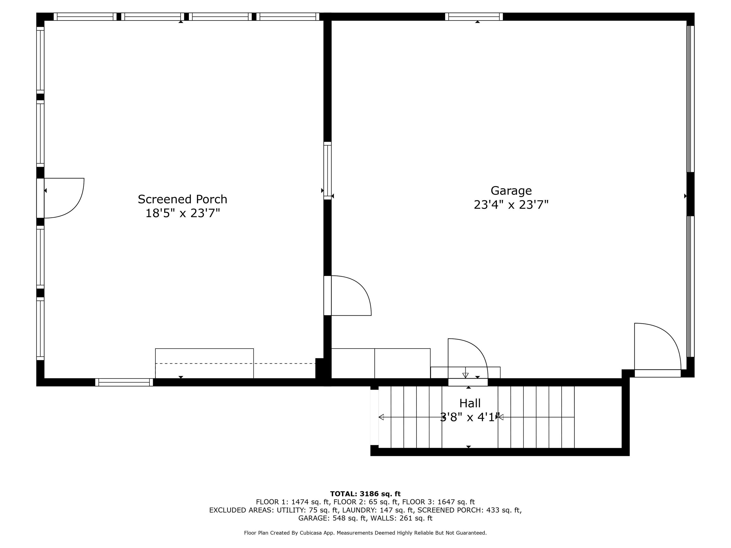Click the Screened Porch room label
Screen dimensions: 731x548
tap(183, 199)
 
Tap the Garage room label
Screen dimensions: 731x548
tap(511, 191)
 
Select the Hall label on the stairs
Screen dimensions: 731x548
tap(470, 403)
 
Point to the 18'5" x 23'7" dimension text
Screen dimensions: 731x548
tap(183, 213)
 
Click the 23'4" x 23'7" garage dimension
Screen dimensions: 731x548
tap(511, 205)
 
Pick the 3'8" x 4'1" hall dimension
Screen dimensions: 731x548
tap(470, 417)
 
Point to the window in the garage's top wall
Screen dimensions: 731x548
tap(474, 17)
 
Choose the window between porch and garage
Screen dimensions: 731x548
tap(327, 171)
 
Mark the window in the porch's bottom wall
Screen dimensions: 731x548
tap(124, 382)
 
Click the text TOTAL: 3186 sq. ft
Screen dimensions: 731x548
tap(365, 494)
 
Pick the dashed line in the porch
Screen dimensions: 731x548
tap(235, 363)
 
